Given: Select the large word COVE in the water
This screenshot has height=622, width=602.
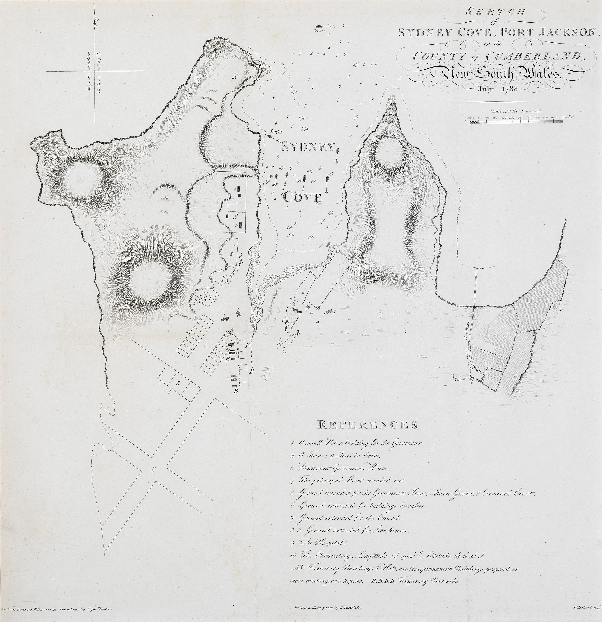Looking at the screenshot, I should (302, 197).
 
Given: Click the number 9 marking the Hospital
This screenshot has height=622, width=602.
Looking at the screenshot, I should (235, 216).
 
